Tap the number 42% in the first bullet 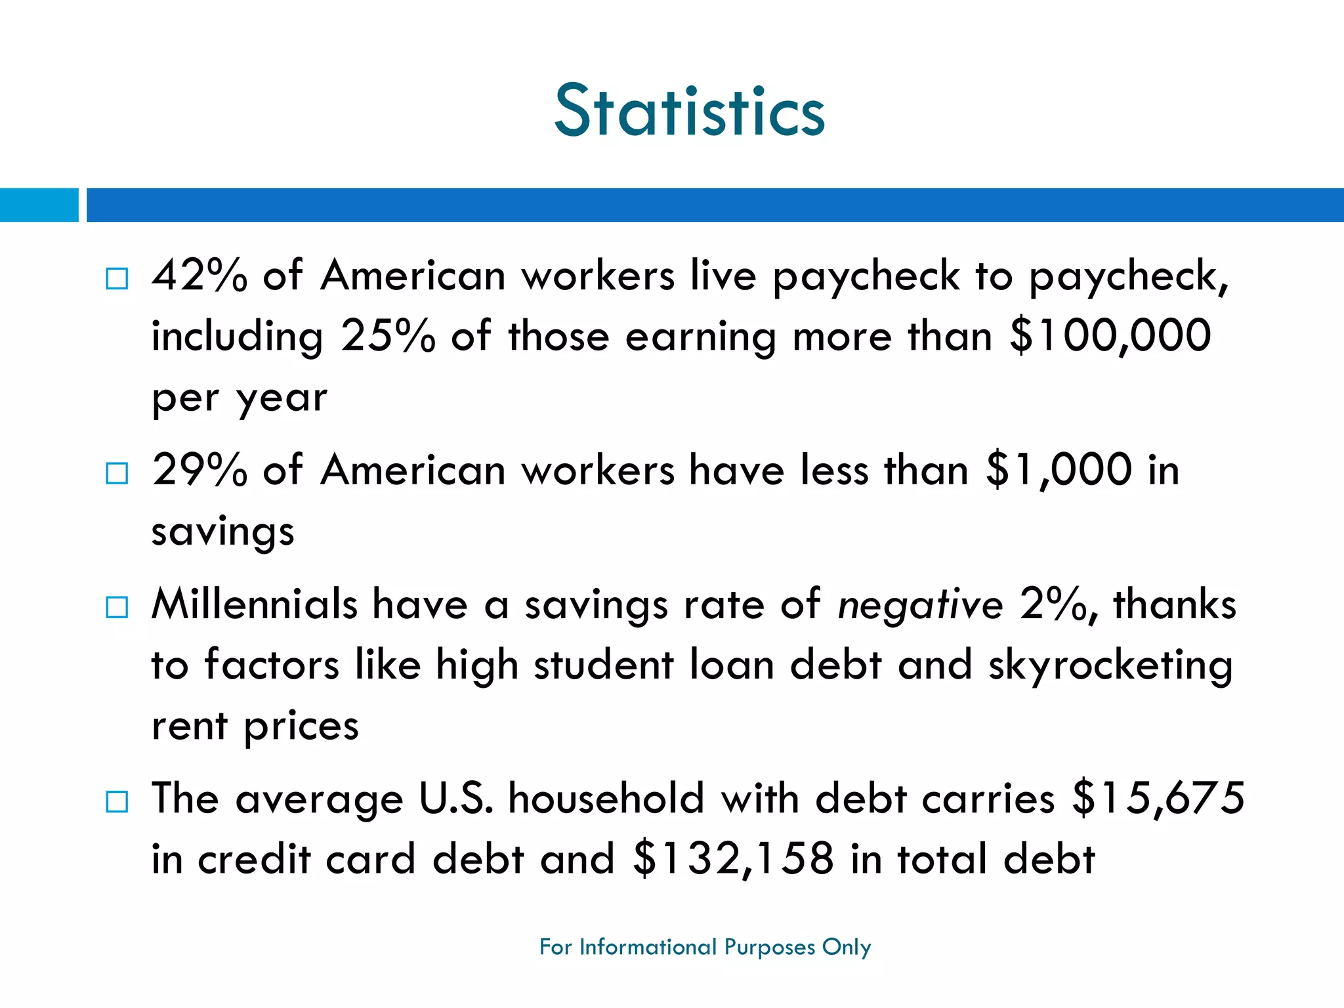[x=199, y=276]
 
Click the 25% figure [x=388, y=336]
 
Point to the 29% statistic [x=199, y=471]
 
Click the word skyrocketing [x=1110, y=665]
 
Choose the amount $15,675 [x=1158, y=799]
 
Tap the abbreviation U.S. [x=456, y=799]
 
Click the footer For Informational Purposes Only [x=705, y=947]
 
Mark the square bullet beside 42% [x=117, y=279]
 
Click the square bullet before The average [x=117, y=801]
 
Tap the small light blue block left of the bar [x=39, y=205]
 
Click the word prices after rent [x=301, y=726]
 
